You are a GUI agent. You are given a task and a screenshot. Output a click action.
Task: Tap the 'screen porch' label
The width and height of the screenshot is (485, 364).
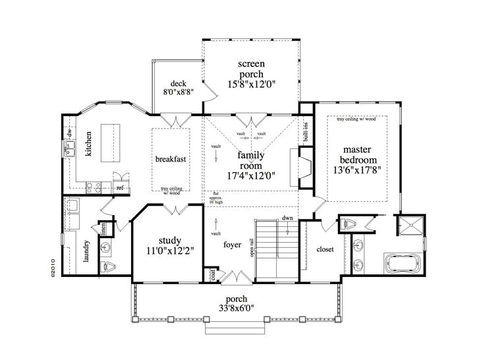point(251,69)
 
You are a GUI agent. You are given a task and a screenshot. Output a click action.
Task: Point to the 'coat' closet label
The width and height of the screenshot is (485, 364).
point(214,273)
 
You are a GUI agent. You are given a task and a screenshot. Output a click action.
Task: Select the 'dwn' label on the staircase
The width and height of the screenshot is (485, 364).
point(287,218)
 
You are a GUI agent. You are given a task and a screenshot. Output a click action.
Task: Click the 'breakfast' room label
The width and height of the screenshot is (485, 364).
point(169,159)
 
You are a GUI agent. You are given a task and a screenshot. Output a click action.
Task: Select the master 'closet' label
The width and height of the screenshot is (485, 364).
point(325,250)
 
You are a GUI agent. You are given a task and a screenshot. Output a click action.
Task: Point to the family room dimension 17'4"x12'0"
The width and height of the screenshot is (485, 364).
point(251,175)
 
